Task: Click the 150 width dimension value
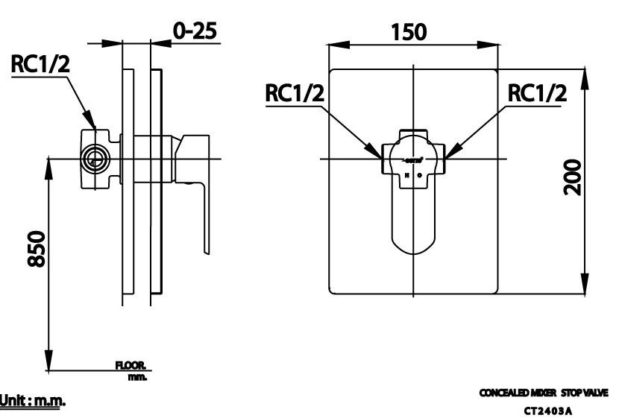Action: (408, 32)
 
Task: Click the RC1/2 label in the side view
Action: (40, 66)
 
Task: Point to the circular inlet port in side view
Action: (94, 158)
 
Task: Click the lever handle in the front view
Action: (413, 216)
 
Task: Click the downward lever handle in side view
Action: (202, 216)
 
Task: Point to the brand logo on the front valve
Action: (414, 159)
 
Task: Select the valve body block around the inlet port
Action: (98, 157)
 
